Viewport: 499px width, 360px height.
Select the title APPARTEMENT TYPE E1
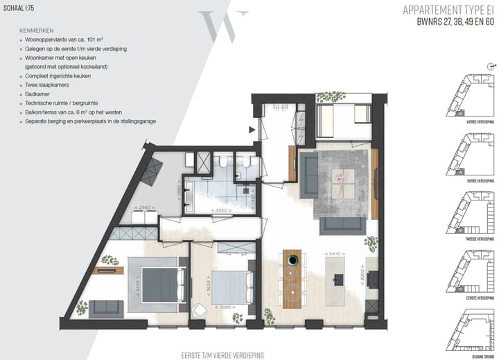coord(444,10)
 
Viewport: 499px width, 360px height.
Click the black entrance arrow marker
coord(251,128)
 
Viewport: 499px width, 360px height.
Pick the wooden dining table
coord(292,277)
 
